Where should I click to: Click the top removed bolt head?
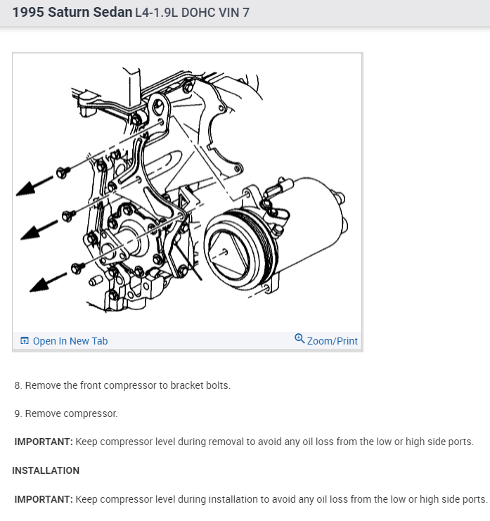[x=62, y=172]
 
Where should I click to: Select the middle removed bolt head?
[x=67, y=216]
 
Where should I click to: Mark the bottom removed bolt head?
[x=78, y=268]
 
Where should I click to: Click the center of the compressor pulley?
[x=224, y=250]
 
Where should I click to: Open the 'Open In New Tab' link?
[x=70, y=341]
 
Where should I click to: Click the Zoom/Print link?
[x=333, y=341]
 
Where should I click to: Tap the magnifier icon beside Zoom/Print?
[x=300, y=339]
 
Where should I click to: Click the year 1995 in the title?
[x=29, y=13]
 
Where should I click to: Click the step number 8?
[x=18, y=385]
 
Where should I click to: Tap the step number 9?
[x=18, y=413]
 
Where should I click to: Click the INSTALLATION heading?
[x=46, y=470]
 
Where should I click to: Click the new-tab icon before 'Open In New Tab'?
[x=25, y=341]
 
